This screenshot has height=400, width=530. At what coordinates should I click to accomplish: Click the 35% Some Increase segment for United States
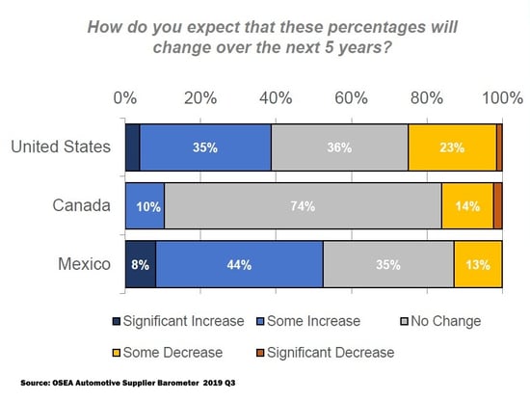pos(205,148)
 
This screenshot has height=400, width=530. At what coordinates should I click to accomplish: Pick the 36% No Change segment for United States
pos(339,148)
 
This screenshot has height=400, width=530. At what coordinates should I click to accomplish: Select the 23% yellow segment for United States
pos(452,148)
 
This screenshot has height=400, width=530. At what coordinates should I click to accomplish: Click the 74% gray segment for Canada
pos(303,205)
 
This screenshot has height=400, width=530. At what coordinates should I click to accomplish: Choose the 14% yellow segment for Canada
pos(467,205)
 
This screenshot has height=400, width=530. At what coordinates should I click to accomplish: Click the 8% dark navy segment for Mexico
pos(140,264)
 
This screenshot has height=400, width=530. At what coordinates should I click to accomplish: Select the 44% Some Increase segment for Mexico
pos(239,264)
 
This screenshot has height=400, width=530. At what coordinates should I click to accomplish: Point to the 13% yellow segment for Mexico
pos(478,264)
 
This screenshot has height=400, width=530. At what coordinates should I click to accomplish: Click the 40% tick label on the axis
pos(276,98)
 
